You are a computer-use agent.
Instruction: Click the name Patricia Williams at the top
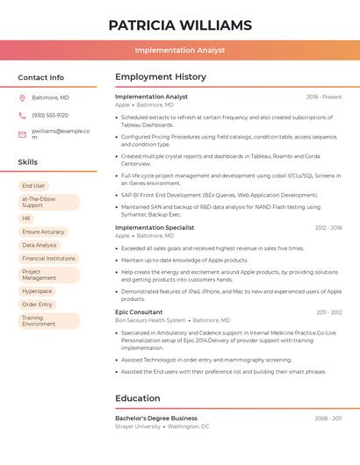180,25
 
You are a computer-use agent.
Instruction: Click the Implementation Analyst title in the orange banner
180,52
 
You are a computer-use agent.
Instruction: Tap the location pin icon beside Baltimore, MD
22,97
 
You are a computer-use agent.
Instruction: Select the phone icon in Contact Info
22,115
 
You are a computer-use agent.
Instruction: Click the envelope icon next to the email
22,134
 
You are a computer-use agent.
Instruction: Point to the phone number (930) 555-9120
50,115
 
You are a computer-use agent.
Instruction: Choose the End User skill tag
33,186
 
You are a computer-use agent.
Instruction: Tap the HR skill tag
26,218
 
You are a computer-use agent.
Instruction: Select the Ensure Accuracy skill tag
43,232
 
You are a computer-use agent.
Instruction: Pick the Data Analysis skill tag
40,245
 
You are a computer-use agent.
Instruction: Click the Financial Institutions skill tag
48,259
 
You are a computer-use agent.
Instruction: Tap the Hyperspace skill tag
37,291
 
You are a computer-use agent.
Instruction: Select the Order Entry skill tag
37,304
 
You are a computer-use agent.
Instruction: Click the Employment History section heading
161,77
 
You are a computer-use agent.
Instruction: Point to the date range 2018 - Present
324,97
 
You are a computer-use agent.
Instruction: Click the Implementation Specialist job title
155,227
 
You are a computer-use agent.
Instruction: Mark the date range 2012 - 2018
328,227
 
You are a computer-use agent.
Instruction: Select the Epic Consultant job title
139,311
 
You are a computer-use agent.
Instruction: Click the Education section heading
137,398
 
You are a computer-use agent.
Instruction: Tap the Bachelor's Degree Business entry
156,418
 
